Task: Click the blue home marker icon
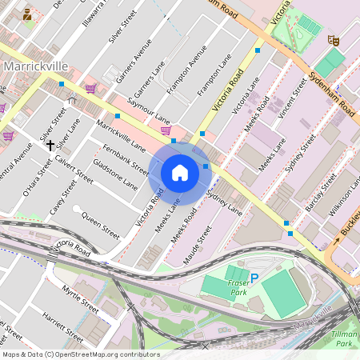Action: pos(180,173)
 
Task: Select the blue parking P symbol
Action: pos(254,278)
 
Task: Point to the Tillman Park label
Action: pos(343,338)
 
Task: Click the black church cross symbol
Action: pos(50,145)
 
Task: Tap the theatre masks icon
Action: pos(334,39)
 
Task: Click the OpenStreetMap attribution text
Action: pos(80,354)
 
